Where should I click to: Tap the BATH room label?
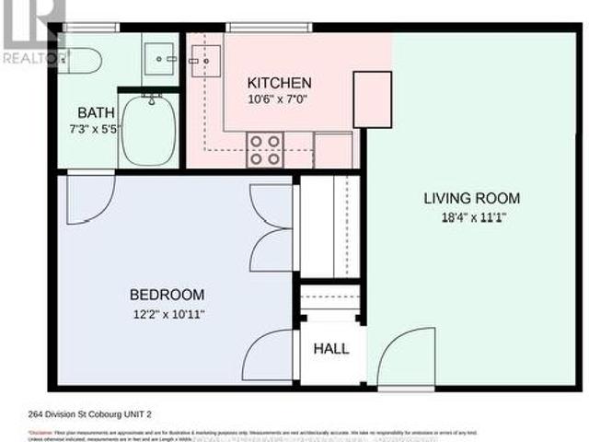pyautogui.click(x=97, y=113)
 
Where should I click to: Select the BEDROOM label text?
pyautogui.click(x=167, y=295)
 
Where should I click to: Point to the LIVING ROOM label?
pyautogui.click(x=471, y=198)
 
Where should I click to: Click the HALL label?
pyautogui.click(x=330, y=350)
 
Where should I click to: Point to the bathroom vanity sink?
pyautogui.click(x=166, y=57)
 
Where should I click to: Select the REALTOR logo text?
pyautogui.click(x=35, y=57)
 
